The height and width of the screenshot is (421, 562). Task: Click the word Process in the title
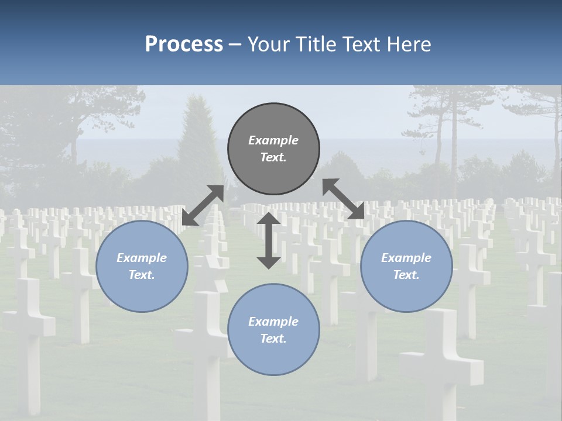(x=184, y=44)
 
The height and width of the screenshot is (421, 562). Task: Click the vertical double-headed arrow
(x=269, y=240)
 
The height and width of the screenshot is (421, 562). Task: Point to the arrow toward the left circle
(x=203, y=205)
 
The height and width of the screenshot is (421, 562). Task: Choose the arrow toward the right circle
(x=344, y=199)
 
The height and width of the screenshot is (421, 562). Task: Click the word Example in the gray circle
(x=273, y=140)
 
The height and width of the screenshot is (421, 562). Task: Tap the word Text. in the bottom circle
(x=273, y=339)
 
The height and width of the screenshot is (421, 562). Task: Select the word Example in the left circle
(x=142, y=258)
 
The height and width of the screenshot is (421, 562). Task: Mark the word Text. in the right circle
(x=406, y=275)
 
